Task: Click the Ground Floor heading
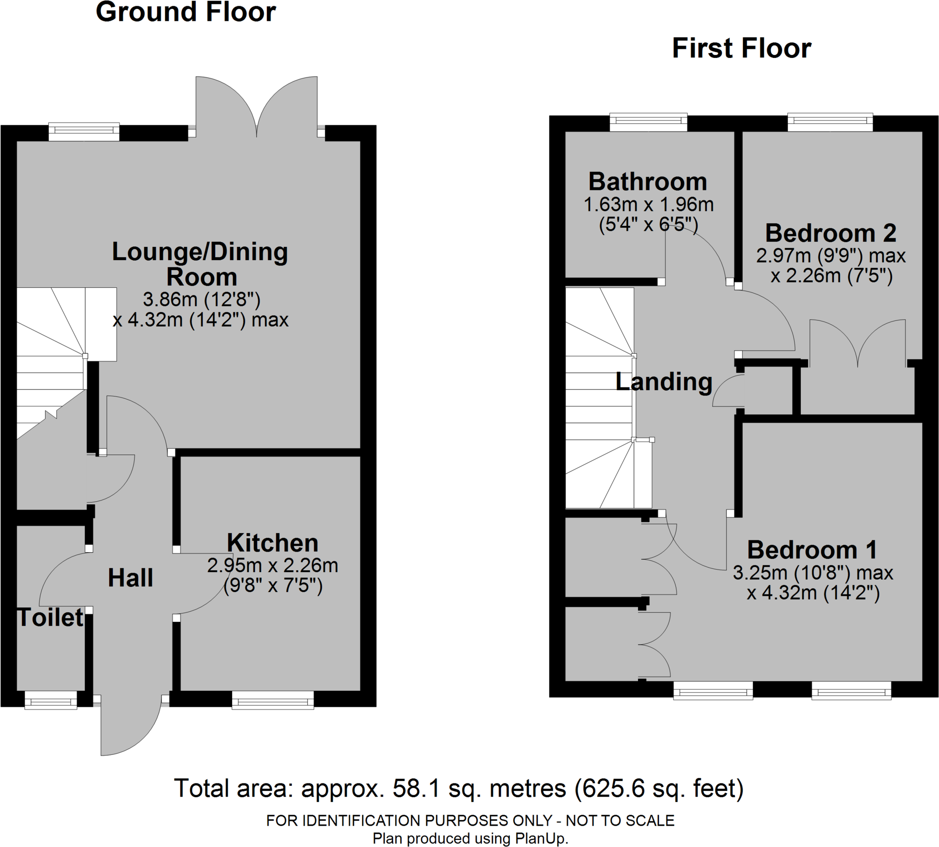186,12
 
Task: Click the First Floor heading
742,48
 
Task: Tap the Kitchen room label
272,543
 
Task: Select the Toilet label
50,618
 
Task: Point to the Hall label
131,578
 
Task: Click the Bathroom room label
648,181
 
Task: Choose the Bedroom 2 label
831,233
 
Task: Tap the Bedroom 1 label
812,550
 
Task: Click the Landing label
664,382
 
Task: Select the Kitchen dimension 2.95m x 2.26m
272,565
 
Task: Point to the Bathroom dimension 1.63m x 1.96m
648,205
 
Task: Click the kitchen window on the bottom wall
273,700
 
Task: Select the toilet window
51,700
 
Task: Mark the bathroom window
648,122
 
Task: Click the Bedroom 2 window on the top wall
830,122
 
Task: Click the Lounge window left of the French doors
84,132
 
